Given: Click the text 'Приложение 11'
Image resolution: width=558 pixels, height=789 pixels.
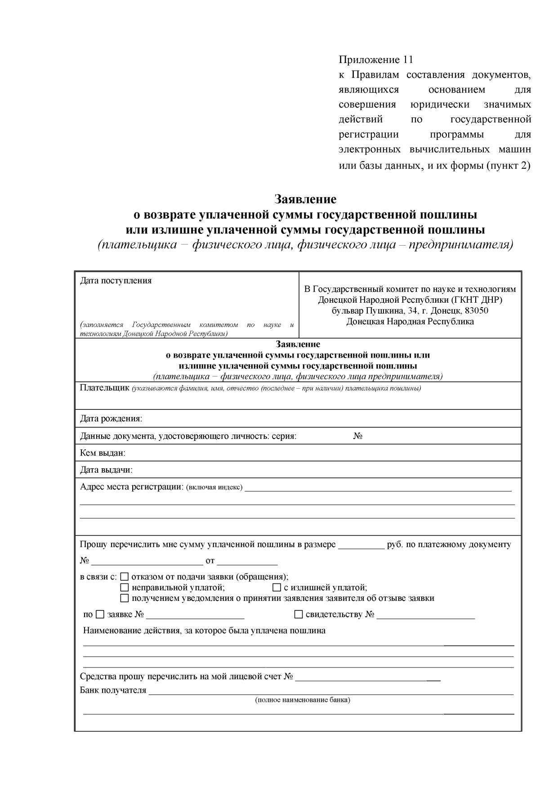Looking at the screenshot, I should click(375, 60).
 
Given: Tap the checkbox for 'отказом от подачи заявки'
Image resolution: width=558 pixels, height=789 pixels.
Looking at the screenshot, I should click(125, 577).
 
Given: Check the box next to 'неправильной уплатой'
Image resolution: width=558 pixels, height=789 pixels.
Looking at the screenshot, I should click(125, 587).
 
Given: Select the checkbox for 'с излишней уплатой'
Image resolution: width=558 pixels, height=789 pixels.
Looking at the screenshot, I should click(277, 587).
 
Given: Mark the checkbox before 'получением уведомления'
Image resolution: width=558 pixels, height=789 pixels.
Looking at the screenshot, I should click(125, 598).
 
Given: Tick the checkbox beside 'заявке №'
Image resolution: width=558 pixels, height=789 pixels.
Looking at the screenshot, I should click(100, 614).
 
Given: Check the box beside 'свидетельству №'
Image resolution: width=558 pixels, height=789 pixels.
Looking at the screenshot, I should click(299, 614).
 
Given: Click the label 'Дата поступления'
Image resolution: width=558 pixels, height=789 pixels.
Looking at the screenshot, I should click(116, 281).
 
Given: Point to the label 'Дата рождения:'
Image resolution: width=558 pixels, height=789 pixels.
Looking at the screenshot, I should click(111, 419).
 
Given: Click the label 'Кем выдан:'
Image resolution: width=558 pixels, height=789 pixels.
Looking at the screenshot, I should click(103, 453).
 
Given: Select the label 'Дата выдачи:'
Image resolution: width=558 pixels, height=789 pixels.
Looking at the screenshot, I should click(106, 470).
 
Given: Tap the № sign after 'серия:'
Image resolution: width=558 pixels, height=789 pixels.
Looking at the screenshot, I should click(358, 436).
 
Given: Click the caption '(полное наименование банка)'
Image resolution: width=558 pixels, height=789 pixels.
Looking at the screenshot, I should click(303, 700).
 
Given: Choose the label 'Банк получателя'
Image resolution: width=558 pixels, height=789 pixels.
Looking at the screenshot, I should click(113, 690).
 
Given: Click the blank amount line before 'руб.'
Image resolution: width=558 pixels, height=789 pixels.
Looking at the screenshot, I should click(362, 545).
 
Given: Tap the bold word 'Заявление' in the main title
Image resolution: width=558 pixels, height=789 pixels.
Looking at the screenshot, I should click(305, 199).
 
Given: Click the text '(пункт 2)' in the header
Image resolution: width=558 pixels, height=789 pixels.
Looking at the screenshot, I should click(509, 166).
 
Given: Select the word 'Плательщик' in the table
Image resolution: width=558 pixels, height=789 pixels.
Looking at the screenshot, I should click(105, 388).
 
